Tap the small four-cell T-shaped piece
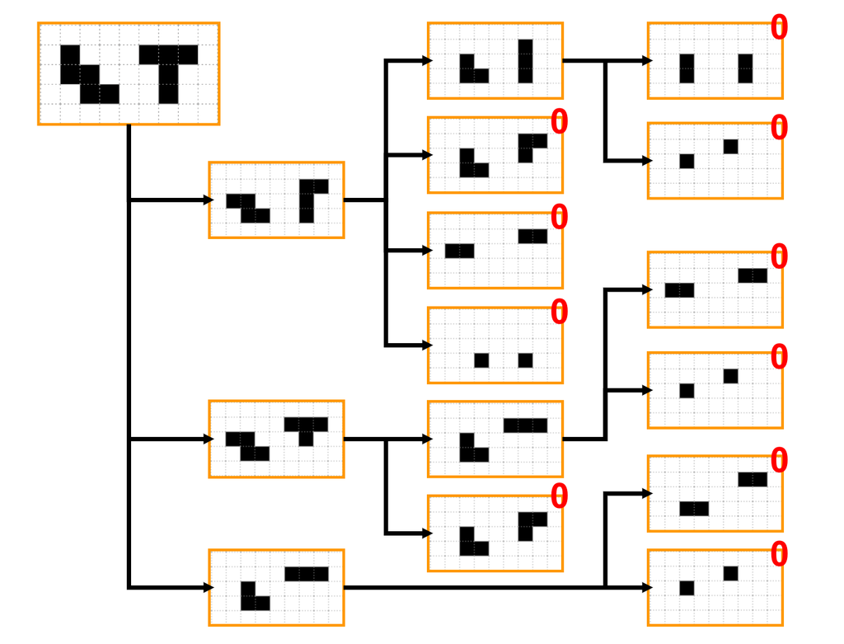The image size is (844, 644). [x=306, y=428]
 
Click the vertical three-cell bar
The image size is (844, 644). [x=525, y=61]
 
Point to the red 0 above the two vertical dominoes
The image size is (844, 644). [x=779, y=27]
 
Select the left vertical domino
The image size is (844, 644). [x=687, y=68]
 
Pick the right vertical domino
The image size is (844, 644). [x=745, y=68]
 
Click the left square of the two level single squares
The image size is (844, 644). [x=481, y=360]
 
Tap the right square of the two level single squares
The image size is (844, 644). [x=525, y=360]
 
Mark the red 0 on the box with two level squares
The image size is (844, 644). [x=560, y=312]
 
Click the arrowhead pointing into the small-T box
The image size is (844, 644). [x=209, y=440]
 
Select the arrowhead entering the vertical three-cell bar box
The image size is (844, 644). [x=428, y=61]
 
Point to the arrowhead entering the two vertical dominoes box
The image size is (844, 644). [x=648, y=61]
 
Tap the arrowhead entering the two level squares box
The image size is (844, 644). [x=428, y=346]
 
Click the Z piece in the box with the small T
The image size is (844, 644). [x=247, y=446]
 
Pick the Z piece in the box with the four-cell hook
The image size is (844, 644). [x=247, y=209]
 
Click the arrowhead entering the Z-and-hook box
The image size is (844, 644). [x=209, y=200]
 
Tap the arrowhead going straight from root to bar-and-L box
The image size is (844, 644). [x=209, y=587]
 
